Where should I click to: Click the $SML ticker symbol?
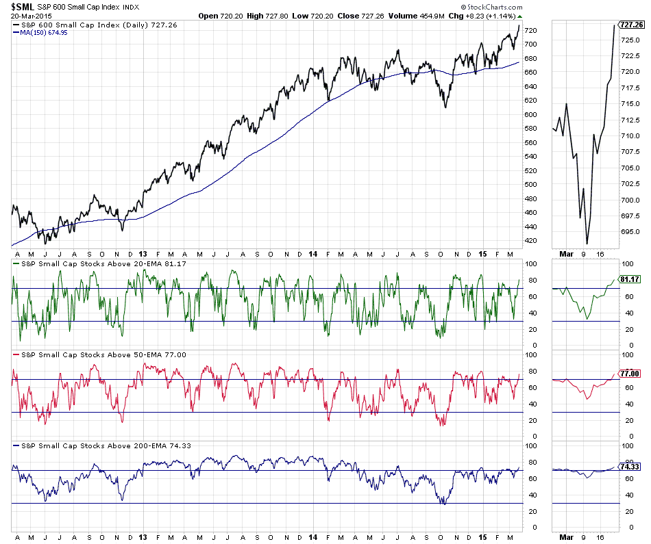coord(23,6)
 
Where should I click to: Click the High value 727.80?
coord(271,16)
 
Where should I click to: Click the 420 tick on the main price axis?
coord(530,241)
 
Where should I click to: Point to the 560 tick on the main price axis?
coord(530,142)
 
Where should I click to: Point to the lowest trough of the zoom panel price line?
coord(587,244)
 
